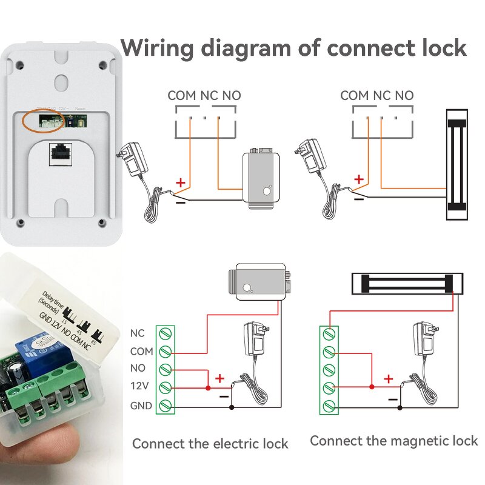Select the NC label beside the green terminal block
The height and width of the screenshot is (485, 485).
click(138, 333)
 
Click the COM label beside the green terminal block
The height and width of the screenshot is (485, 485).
click(141, 351)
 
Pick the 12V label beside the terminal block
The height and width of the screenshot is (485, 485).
click(140, 387)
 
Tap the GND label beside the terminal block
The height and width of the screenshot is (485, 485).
click(141, 406)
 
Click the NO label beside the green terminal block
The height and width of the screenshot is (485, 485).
click(138, 369)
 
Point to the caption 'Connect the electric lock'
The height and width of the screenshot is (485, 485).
click(210, 443)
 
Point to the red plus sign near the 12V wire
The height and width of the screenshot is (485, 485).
click(219, 378)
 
